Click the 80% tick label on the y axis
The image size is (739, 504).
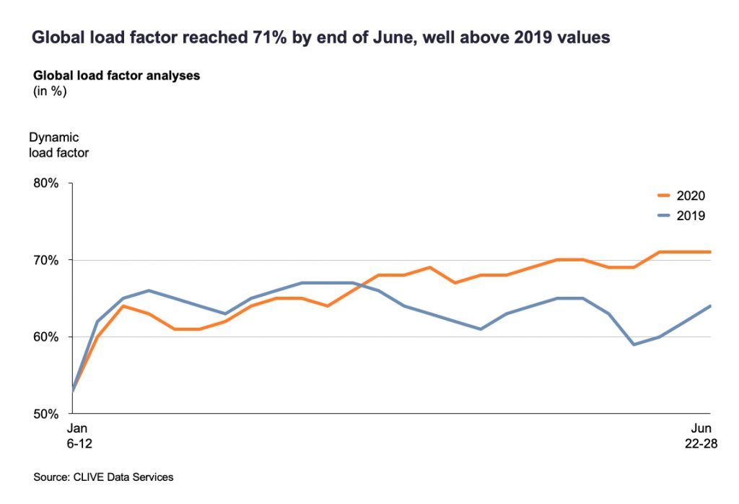(x=45, y=183)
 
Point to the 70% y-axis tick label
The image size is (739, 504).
(x=45, y=260)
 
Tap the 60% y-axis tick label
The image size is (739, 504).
(x=45, y=337)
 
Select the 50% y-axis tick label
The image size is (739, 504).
(x=45, y=414)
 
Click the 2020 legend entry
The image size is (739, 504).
(x=691, y=196)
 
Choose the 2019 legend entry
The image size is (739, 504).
(x=691, y=214)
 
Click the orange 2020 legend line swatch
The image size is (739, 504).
(x=665, y=196)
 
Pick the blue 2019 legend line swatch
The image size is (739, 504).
(x=665, y=214)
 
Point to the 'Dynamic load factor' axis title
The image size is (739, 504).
(x=59, y=144)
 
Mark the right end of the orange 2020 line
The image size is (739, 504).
(x=711, y=252)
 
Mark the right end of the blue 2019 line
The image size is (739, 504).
(x=711, y=305)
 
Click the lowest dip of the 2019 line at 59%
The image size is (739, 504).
(x=634, y=344)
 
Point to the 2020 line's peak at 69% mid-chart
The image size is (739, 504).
(x=430, y=267)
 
